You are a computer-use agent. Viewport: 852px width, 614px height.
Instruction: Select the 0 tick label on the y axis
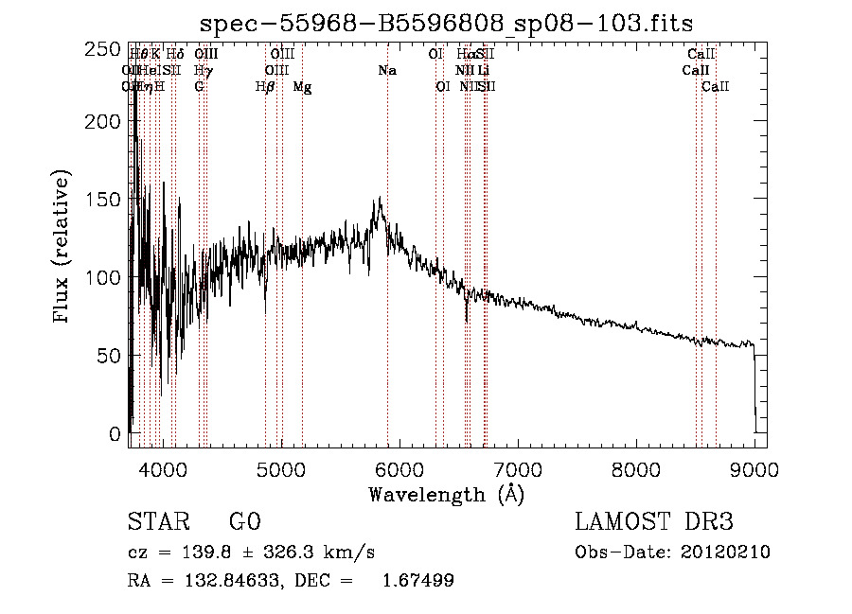(115, 434)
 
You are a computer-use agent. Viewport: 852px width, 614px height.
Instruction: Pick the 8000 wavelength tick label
(636, 468)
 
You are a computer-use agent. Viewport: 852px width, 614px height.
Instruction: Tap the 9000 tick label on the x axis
(754, 468)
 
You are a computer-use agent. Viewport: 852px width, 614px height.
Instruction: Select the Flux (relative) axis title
(63, 248)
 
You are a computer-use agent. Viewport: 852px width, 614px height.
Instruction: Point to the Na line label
(386, 71)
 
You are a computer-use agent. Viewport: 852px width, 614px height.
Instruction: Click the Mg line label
(302, 87)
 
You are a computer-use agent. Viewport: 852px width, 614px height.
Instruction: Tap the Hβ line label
(265, 87)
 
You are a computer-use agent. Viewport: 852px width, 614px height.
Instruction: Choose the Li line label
(484, 71)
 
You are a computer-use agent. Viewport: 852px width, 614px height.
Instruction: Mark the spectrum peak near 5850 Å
(380, 199)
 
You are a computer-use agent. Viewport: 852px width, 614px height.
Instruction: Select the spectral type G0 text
(244, 522)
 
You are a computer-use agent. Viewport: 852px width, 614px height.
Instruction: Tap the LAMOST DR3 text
(654, 522)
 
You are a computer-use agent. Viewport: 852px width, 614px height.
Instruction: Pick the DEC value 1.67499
(416, 581)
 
